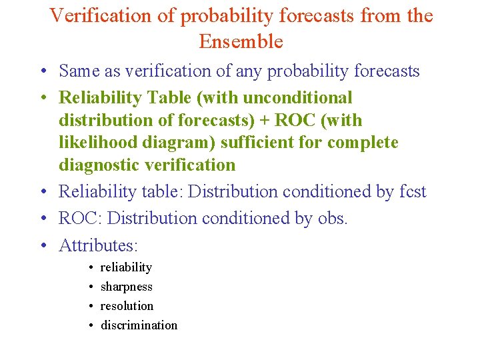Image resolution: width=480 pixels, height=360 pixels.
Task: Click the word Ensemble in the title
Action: point(241,41)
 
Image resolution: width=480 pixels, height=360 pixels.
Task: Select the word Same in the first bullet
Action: point(79,71)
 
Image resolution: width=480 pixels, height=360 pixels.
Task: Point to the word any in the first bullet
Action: point(250,71)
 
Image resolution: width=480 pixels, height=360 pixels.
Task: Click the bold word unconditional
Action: point(297,98)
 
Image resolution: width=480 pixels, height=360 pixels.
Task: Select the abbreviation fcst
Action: point(413,192)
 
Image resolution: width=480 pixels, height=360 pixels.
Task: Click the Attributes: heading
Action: point(98,245)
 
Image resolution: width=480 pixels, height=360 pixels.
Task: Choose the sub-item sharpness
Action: point(126,287)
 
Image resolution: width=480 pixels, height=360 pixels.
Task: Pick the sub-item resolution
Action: point(127,306)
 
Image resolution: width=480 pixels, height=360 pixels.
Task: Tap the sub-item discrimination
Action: point(139,325)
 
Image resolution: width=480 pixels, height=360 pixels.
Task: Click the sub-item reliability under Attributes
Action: point(126,267)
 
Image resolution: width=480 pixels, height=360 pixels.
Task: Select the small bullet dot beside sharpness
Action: point(90,287)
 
